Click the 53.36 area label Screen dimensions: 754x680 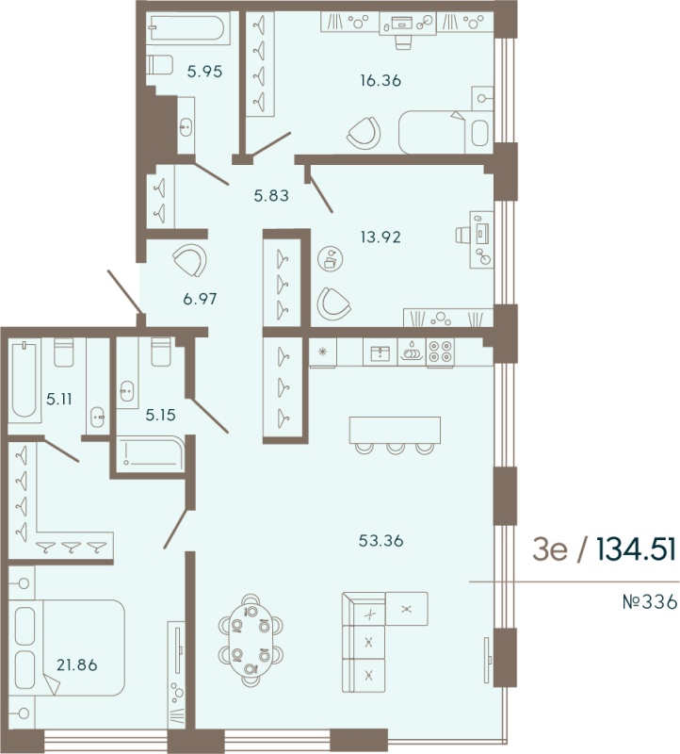[x=380, y=541]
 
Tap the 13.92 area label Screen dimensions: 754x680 [x=382, y=237]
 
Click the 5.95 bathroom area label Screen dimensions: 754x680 [x=203, y=70]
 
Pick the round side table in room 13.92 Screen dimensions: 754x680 [x=330, y=259]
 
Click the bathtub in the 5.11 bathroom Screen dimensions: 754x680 [x=22, y=381]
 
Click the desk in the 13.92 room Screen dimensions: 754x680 [x=481, y=235]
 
